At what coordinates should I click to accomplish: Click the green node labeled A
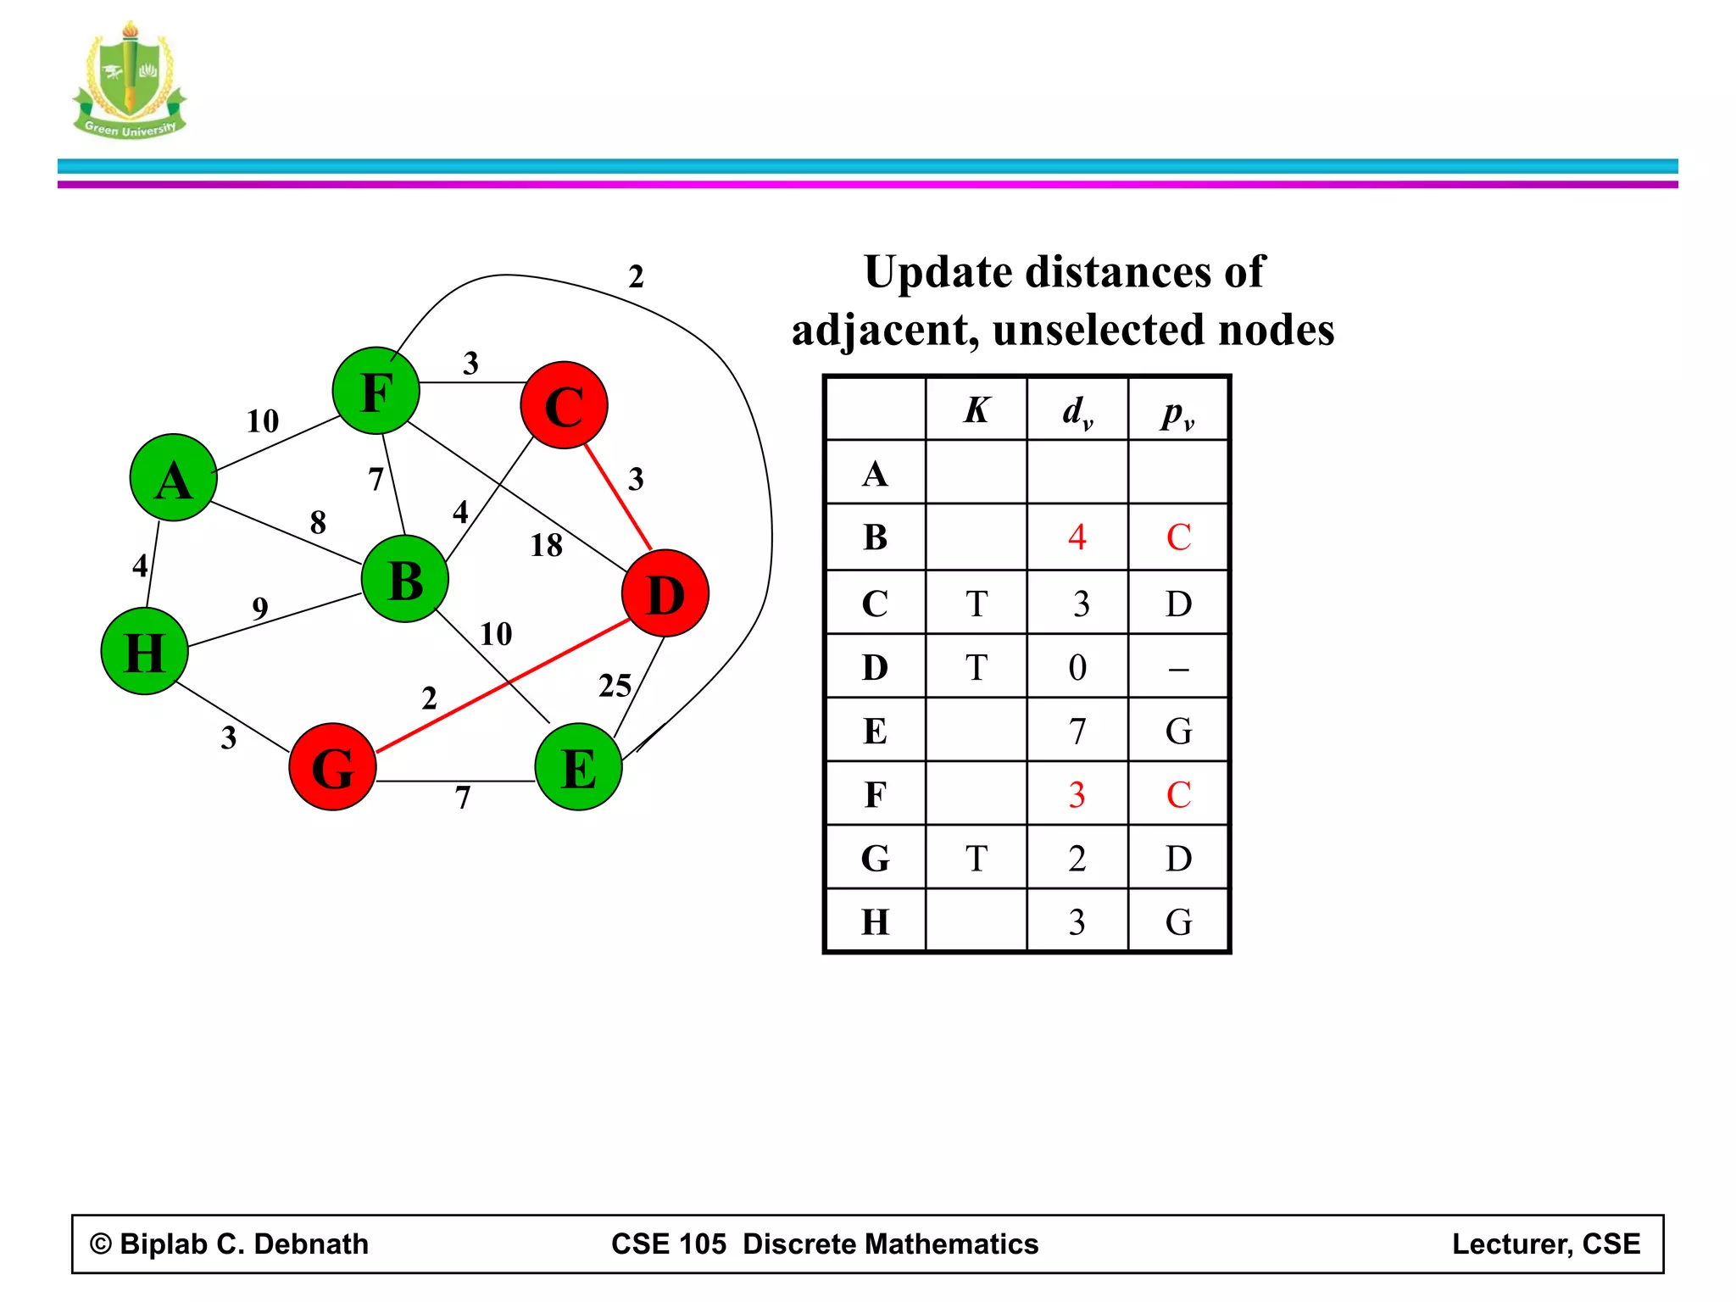click(x=174, y=477)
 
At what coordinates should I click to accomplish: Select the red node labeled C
click(x=565, y=405)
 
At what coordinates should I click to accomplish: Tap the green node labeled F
click(x=376, y=391)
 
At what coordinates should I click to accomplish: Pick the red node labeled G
click(x=332, y=767)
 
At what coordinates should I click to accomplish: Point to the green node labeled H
click(x=144, y=651)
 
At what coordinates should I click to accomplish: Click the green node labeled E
click(x=579, y=767)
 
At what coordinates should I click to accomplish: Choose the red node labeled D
click(x=665, y=593)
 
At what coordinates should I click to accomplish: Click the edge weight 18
click(x=547, y=545)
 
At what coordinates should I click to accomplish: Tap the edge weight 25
click(x=615, y=686)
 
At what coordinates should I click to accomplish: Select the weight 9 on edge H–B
click(x=260, y=608)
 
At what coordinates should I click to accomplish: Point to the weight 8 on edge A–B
click(x=318, y=522)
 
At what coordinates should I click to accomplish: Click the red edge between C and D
click(x=618, y=497)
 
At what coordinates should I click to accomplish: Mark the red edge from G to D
click(x=504, y=685)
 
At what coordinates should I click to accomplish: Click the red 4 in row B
click(x=1077, y=537)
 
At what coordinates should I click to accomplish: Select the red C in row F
click(x=1179, y=795)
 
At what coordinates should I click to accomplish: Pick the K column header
click(x=976, y=410)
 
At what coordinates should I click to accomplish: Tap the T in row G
click(x=976, y=859)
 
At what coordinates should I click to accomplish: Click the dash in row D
click(x=1179, y=670)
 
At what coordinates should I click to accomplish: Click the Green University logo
click(x=130, y=81)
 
